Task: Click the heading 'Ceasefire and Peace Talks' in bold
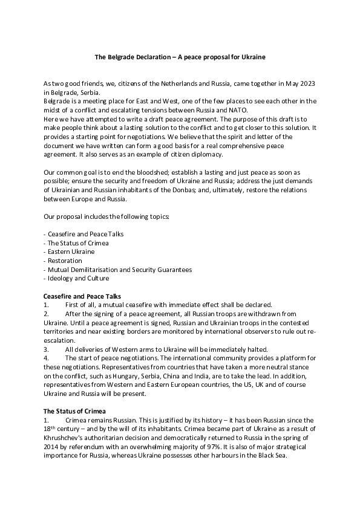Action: [82, 296]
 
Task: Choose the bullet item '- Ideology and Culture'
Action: [76, 278]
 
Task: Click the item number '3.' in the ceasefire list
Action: [46, 349]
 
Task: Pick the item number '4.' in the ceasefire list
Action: [46, 358]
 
